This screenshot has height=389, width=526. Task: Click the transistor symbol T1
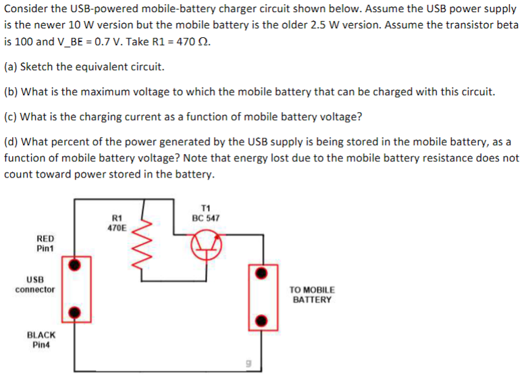pyautogui.click(x=207, y=247)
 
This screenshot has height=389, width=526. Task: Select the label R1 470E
pyautogui.click(x=116, y=224)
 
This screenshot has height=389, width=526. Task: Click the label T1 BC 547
pyautogui.click(x=205, y=213)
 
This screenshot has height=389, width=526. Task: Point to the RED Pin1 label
pyautogui.click(x=46, y=243)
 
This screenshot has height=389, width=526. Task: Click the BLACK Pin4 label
pyautogui.click(x=41, y=340)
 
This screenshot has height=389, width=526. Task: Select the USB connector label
pyautogui.click(x=35, y=284)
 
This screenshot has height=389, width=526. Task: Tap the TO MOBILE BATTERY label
pyautogui.click(x=312, y=294)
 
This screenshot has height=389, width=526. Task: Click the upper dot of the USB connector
pyautogui.click(x=77, y=263)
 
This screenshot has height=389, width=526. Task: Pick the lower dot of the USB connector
pyautogui.click(x=77, y=313)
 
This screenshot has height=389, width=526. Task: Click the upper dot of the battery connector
pyautogui.click(x=260, y=273)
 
